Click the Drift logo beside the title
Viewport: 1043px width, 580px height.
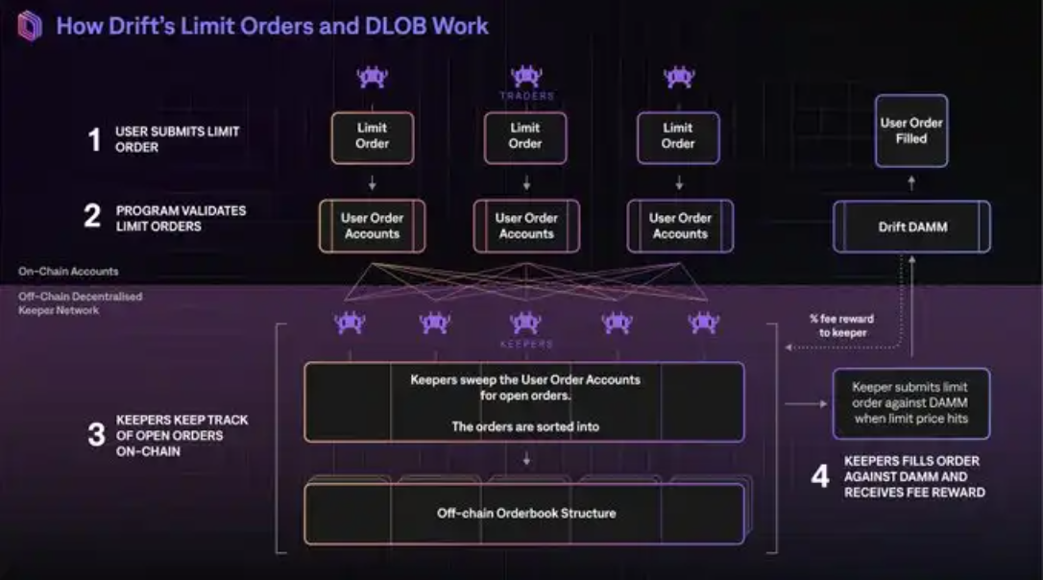(x=30, y=26)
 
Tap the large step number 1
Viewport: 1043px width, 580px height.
(x=94, y=140)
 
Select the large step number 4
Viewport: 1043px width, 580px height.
(x=819, y=476)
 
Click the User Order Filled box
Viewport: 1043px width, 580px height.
(x=911, y=131)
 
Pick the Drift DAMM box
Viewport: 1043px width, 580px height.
(x=911, y=227)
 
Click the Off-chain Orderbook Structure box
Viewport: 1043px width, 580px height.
(x=524, y=514)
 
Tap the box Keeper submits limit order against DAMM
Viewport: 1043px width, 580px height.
(x=910, y=403)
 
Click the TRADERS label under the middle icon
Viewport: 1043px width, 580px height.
(x=526, y=96)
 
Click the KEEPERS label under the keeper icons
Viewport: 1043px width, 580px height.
(x=526, y=344)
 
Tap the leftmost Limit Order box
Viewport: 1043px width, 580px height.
(x=373, y=136)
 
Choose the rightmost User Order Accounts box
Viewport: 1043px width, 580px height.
(x=680, y=227)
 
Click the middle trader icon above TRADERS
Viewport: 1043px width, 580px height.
(x=526, y=76)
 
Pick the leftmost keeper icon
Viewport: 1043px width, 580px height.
(x=350, y=323)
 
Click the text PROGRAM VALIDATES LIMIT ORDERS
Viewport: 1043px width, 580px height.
(x=181, y=218)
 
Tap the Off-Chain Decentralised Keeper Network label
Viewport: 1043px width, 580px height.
(x=81, y=303)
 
